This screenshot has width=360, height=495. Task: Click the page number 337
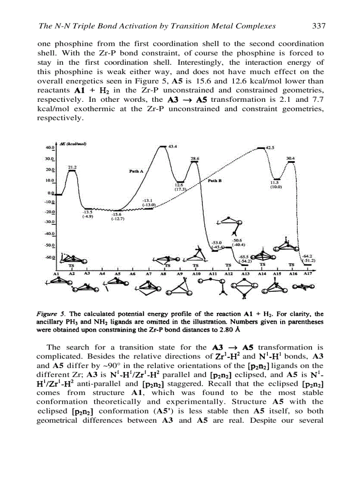pyautogui.click(x=319, y=26)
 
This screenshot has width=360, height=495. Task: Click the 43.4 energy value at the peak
pyautogui.click(x=173, y=146)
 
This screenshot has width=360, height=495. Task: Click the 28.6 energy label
pyautogui.click(x=195, y=158)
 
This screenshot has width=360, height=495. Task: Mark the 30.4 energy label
pyautogui.click(x=291, y=158)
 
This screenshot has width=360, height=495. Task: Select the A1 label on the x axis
pyautogui.click(x=56, y=273)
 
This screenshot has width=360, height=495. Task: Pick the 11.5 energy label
pyautogui.click(x=274, y=182)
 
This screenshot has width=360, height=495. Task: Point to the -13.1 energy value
pyautogui.click(x=147, y=201)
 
